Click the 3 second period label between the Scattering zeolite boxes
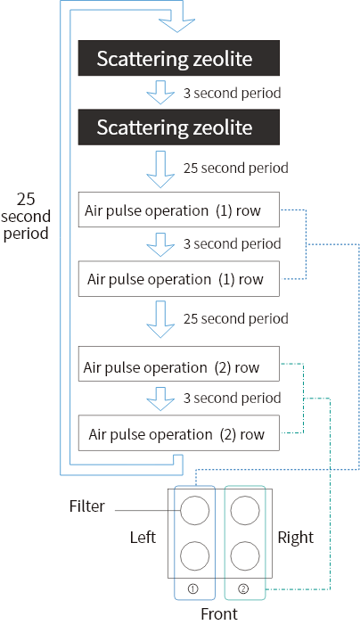pos(233,94)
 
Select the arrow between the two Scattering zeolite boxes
pos(160,92)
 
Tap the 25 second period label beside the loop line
pos(26,216)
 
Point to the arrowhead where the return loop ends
pos(176,25)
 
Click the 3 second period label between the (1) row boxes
pos(233,244)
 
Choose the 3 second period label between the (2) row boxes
pos(233,399)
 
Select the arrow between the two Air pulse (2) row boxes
pos(160,399)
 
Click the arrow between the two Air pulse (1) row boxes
pos(160,244)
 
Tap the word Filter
pos(86,506)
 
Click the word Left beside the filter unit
pos(143,538)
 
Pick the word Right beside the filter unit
pos(296,538)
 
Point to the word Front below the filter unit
pos(219,613)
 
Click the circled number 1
pos(193,588)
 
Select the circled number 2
pos(243,588)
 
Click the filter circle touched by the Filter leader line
pos(195,511)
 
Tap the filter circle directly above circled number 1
pos(195,555)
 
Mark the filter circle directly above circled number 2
pos(245,555)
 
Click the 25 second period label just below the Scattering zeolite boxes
pos(236,169)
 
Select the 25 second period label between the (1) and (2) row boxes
pos(236,319)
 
